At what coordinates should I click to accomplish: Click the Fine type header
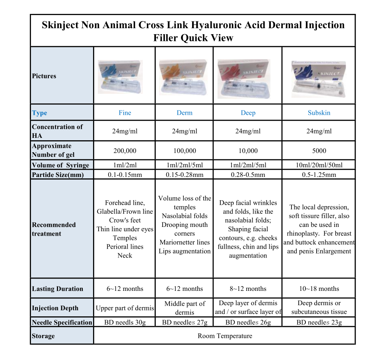124,113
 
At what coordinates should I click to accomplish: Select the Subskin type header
319,113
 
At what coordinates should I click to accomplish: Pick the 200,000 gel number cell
124,151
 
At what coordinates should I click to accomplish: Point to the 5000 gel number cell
319,151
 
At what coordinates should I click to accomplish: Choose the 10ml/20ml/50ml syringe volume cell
319,165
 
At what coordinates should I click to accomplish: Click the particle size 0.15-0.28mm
184,175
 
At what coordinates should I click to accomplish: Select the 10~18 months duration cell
319,289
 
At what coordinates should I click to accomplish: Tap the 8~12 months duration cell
248,289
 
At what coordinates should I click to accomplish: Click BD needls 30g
124,322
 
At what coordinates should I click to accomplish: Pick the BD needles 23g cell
319,322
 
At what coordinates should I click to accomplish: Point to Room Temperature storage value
225,336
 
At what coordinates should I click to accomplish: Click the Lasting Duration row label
58,289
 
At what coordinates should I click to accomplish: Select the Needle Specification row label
62,322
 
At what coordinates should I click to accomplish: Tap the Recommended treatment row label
54,229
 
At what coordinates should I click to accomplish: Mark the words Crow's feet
125,221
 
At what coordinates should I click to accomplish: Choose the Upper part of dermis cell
124,308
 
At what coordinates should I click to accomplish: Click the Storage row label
43,336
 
